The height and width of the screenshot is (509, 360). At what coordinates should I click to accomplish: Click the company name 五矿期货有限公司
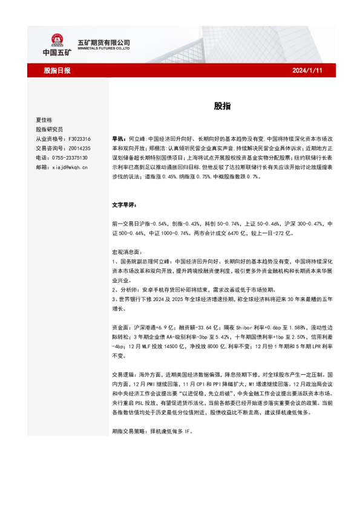coord(104,42)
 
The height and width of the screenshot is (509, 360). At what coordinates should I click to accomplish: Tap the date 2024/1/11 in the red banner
coord(309,70)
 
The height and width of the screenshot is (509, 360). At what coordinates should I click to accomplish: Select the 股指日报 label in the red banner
coord(57,70)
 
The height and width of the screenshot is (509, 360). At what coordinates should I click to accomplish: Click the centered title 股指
coord(221,105)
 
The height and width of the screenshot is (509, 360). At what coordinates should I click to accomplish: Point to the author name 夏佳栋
coord(46,120)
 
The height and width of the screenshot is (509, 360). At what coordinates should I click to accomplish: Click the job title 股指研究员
coord(50,129)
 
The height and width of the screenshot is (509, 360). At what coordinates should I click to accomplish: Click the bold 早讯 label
coord(120,138)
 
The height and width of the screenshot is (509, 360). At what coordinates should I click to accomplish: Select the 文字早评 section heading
coord(125,205)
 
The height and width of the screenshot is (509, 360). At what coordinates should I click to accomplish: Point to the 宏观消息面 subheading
coord(126,251)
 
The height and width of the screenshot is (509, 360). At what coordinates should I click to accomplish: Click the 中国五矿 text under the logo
coord(57,53)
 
